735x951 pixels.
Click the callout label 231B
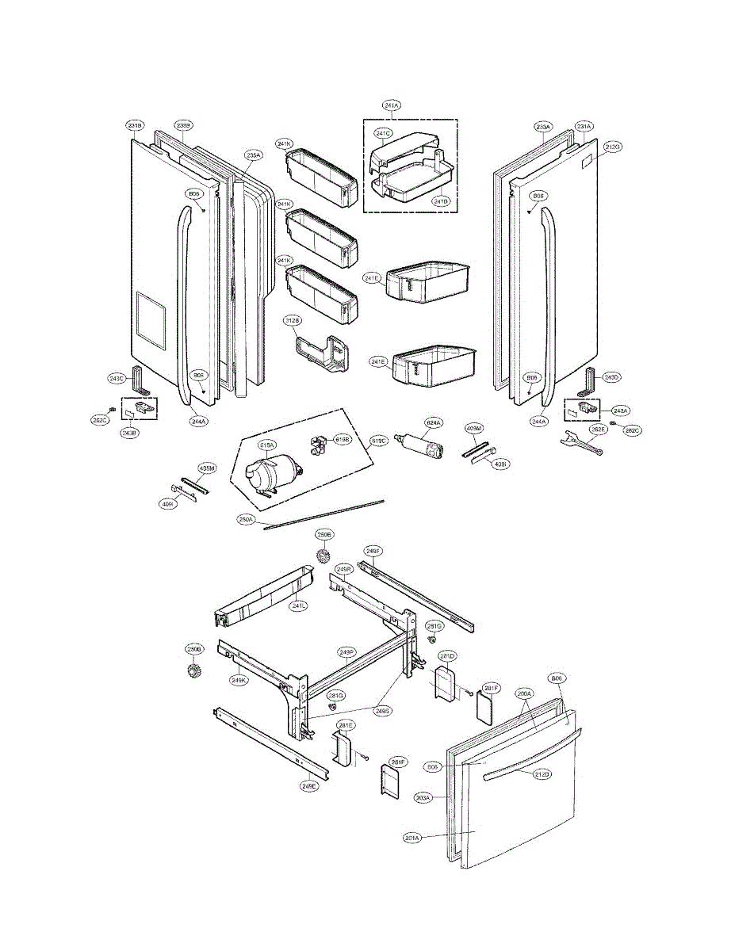click(x=135, y=125)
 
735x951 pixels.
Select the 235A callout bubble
click(x=253, y=155)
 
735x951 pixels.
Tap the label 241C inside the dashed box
click(x=384, y=133)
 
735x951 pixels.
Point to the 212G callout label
click(x=612, y=147)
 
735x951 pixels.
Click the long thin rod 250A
click(x=325, y=514)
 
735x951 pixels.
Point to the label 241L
click(x=299, y=605)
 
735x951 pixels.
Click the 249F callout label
click(x=373, y=550)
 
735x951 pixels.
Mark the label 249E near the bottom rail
click(x=309, y=786)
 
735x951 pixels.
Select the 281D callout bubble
click(x=448, y=656)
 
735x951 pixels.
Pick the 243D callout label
click(x=611, y=376)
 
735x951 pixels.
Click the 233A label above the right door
click(x=543, y=127)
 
